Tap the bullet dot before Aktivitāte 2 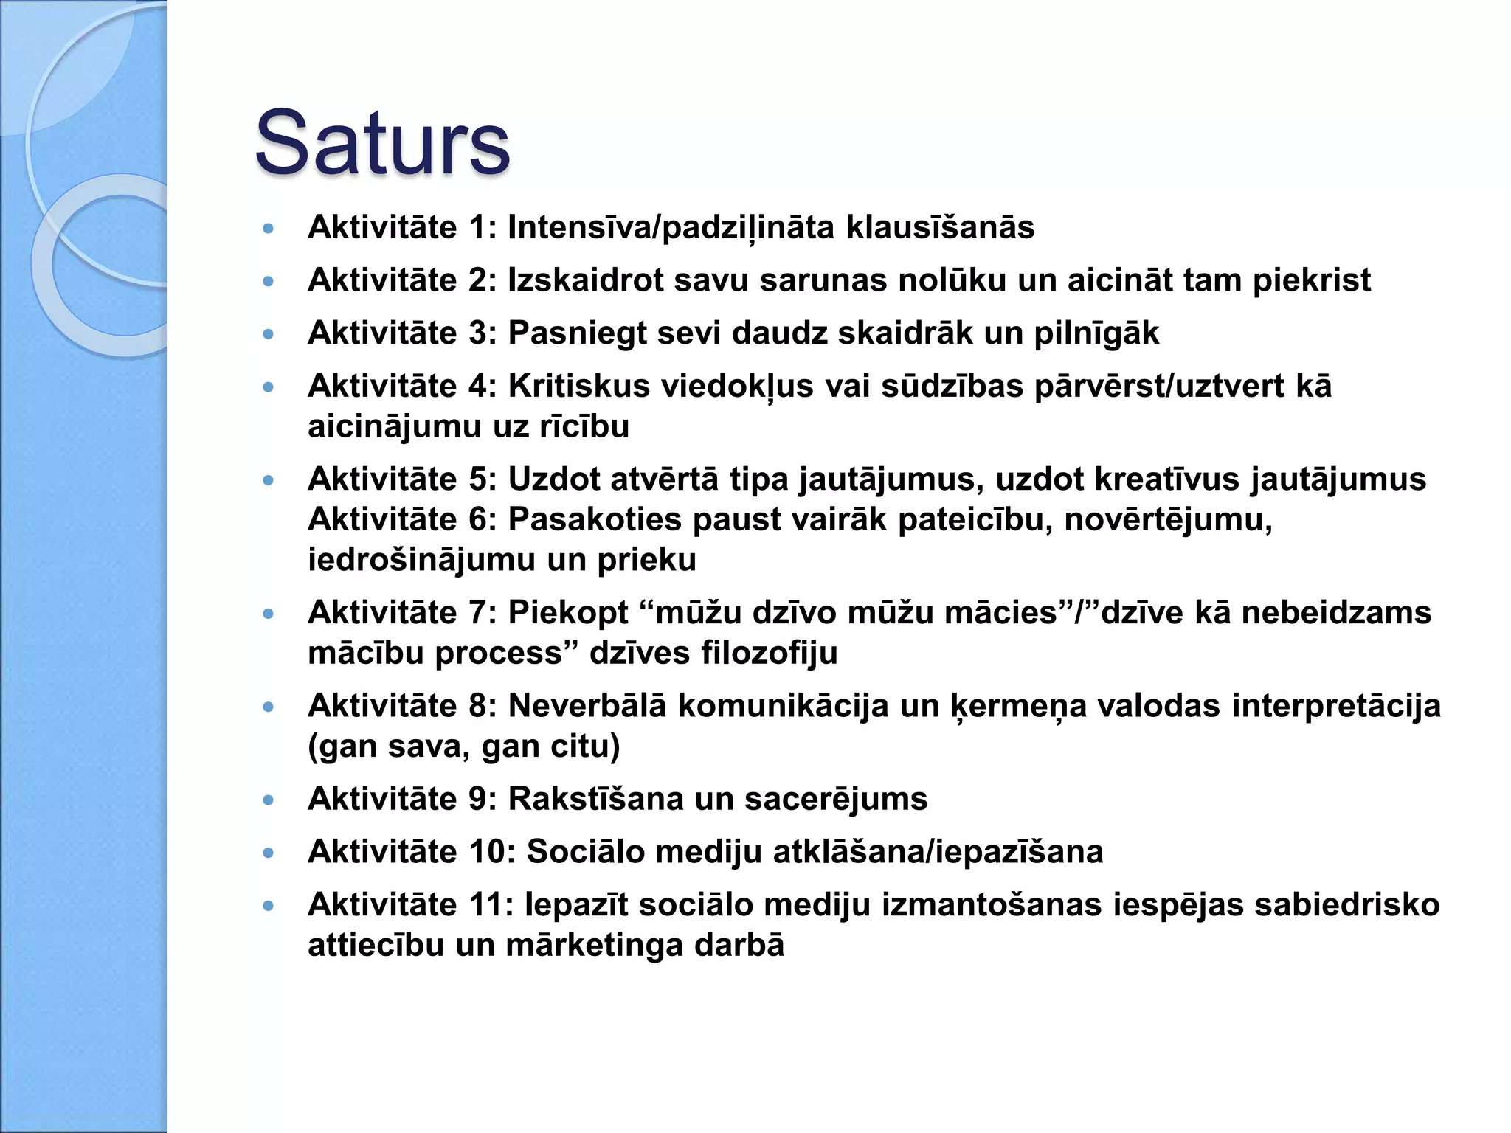269,281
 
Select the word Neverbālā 587,706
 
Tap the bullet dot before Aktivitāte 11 269,906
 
